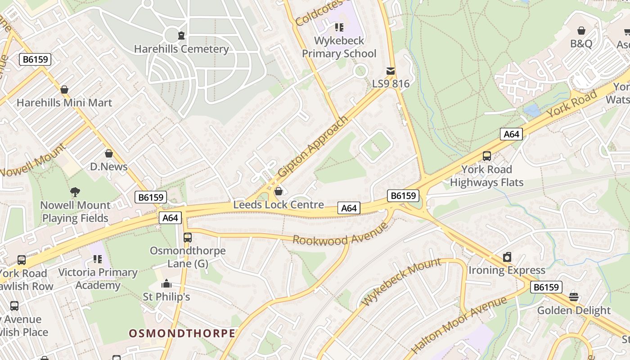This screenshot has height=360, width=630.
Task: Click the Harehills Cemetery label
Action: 181,49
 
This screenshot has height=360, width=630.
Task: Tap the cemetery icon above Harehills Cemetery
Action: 181,35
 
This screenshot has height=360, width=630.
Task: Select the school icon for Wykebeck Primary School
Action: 339,27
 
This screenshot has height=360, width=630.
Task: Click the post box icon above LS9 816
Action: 390,71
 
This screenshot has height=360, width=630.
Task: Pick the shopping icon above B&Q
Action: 581,31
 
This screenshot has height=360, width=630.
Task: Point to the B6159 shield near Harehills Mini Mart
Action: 35,59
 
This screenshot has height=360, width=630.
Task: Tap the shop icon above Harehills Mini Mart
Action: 64,90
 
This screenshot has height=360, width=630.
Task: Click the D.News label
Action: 109,167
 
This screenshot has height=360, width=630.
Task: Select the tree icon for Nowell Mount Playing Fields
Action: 75,192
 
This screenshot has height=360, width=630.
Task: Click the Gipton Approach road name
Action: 313,146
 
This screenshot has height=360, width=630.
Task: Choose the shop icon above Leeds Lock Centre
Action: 279,192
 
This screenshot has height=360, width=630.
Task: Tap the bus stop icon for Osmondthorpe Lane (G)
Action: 188,237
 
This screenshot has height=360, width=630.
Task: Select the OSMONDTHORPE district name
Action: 182,333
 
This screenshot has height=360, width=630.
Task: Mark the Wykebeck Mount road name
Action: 402,282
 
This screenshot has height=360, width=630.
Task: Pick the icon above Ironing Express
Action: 507,257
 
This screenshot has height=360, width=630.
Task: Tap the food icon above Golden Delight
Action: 574,297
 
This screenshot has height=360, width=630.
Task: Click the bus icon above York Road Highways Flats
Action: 487,156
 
